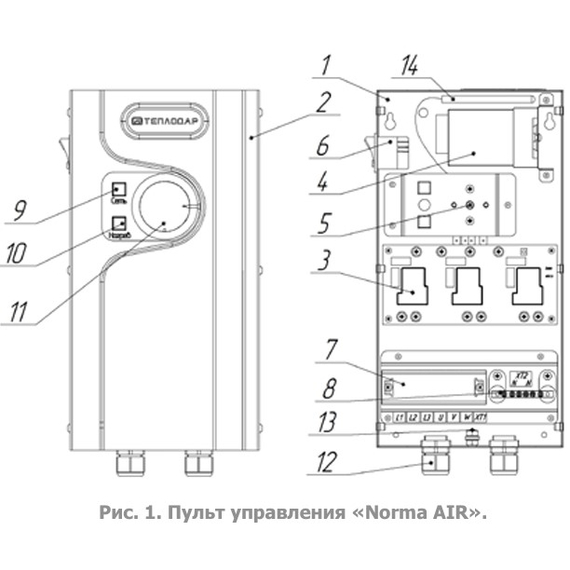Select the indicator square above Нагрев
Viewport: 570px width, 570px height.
point(118,223)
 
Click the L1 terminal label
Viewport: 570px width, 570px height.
point(399,416)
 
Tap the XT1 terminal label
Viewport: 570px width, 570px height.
point(481,416)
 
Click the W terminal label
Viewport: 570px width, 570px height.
point(466,416)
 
